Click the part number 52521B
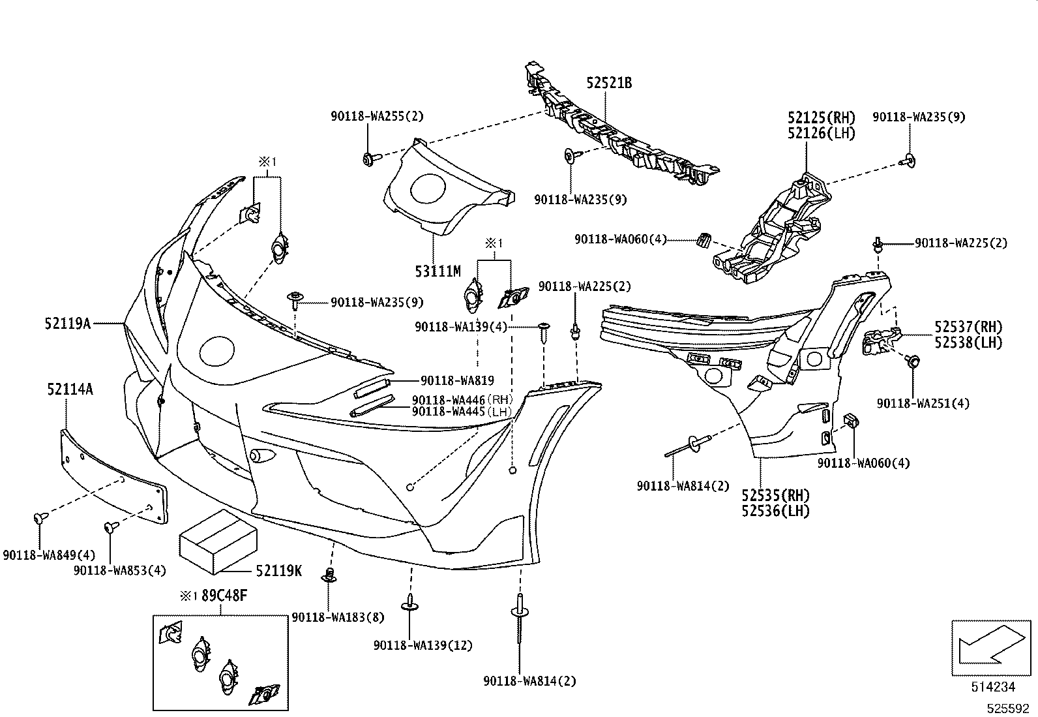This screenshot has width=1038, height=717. point(609,83)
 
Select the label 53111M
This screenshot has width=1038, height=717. point(438,271)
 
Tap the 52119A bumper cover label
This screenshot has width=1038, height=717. point(68,323)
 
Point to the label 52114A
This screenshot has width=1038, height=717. point(70,389)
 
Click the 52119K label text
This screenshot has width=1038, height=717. point(279,570)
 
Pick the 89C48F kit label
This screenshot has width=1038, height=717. point(224,596)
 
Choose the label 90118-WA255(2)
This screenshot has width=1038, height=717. point(378,116)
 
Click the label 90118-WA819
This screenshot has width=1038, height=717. point(457,380)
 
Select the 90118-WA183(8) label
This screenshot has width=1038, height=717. point(338,617)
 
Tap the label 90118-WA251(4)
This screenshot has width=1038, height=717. point(923,403)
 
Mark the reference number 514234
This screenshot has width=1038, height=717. point(993,687)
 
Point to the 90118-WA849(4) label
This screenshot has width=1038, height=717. point(49,555)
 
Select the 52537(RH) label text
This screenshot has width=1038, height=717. point(968,327)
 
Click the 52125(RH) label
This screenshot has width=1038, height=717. point(821,117)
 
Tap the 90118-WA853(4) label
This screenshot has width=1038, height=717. point(119,570)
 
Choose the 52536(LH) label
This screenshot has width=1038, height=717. point(775,511)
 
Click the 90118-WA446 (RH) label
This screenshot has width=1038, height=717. point(462,400)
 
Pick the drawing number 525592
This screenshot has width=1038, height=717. point(1009,709)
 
